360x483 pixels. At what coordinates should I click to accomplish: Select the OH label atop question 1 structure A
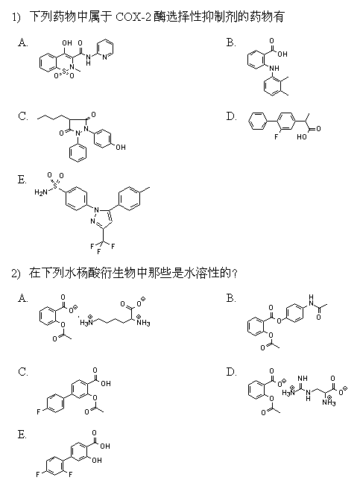[66, 42]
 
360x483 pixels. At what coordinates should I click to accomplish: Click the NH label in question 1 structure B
[274, 68]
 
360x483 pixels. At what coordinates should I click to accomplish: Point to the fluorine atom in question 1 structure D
[277, 136]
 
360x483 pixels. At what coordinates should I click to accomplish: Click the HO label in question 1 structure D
[302, 136]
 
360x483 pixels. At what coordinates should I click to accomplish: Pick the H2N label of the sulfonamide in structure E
[41, 193]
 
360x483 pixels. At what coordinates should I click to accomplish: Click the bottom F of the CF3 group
[98, 252]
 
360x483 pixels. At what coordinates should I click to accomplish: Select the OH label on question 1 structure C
[121, 148]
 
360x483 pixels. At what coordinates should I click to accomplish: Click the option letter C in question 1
[23, 116]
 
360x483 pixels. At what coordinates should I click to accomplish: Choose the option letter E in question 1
[22, 180]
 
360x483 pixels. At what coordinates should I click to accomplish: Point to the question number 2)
[16, 274]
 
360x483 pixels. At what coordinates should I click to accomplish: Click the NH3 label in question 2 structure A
[143, 321]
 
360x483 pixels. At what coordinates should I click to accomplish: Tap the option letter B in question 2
[231, 298]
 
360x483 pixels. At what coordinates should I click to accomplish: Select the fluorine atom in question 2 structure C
[39, 411]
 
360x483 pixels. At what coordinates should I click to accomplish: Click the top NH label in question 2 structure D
[303, 378]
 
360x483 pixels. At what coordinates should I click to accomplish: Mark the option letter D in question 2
[231, 372]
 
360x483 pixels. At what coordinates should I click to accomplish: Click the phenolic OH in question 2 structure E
[96, 460]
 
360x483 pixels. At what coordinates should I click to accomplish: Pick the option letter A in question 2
[23, 298]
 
